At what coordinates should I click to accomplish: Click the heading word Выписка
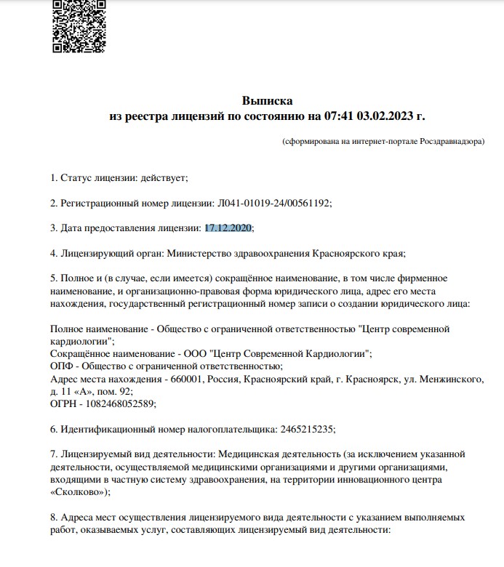pos(266,100)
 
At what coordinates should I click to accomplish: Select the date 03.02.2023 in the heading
pos(391,116)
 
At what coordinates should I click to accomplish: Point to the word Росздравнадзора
pos(452,142)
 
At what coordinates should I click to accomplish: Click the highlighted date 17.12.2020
pos(228,228)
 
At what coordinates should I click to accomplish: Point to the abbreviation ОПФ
pos(62,366)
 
